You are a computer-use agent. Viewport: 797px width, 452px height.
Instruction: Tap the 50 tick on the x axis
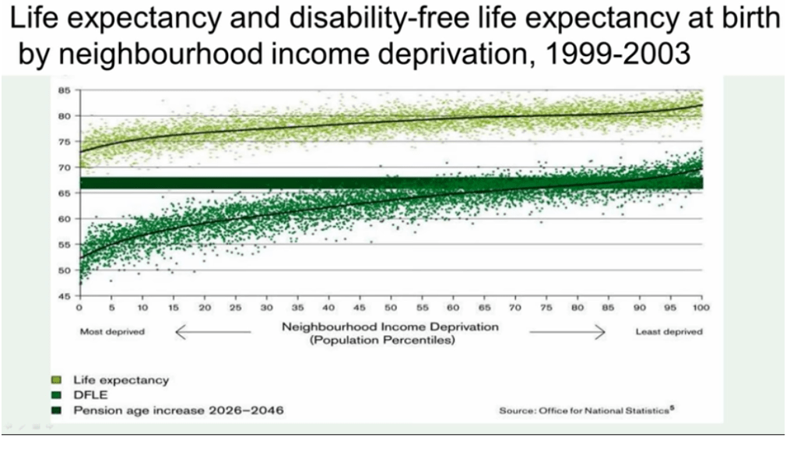[391, 307]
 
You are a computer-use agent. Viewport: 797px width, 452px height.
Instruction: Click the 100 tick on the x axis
[700, 307]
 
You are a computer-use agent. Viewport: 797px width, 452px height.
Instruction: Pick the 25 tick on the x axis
[235, 307]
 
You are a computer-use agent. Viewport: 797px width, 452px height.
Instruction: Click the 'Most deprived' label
[112, 332]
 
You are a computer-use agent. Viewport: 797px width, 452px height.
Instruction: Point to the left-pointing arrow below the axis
[212, 332]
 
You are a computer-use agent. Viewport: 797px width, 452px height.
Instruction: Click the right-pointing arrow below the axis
[567, 332]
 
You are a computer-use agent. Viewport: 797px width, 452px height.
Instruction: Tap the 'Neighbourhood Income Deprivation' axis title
[391, 327]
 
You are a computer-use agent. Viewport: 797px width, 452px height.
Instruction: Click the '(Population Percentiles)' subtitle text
[391, 340]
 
